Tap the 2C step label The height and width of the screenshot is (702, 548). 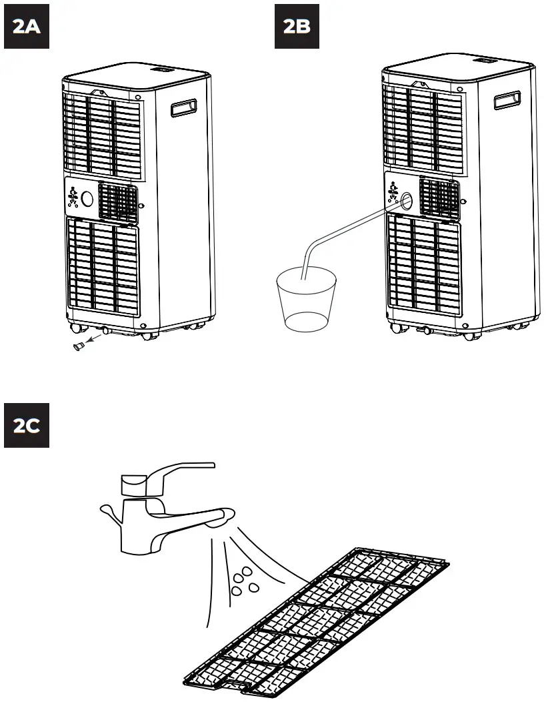[27, 426]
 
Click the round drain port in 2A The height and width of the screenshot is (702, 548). [87, 198]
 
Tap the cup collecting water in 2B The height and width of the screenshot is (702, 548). [306, 300]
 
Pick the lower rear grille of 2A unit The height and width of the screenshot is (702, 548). [103, 267]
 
